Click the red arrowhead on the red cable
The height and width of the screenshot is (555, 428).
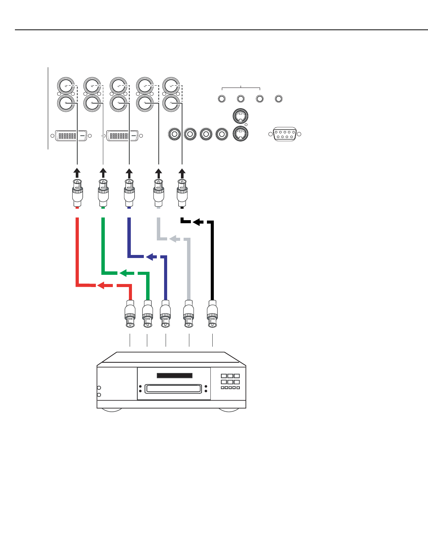[101, 285]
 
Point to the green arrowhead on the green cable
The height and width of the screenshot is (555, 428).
[123, 273]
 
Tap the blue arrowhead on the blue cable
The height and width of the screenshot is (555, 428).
[150, 256]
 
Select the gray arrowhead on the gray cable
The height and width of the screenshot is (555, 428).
[173, 239]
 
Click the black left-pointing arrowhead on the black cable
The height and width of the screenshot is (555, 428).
[197, 222]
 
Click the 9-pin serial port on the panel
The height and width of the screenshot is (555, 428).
[285, 134]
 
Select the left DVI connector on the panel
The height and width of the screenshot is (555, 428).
[71, 135]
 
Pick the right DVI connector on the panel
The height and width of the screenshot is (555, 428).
[122, 135]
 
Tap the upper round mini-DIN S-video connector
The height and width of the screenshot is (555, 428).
[240, 116]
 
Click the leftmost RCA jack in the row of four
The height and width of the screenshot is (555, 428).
[174, 134]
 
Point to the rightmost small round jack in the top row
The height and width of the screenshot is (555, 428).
[279, 99]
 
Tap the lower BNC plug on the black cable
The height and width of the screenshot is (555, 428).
[212, 314]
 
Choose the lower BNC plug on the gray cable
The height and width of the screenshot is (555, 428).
[189, 314]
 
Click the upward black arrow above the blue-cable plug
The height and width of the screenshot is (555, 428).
[129, 172]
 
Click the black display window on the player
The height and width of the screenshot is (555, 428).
[174, 376]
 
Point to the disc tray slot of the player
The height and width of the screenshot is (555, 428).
[173, 389]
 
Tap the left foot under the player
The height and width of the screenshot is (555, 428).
[111, 410]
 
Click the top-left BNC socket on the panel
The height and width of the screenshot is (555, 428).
[65, 85]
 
